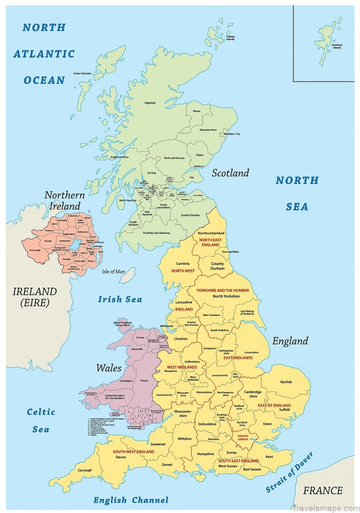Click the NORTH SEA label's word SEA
pos(297,207)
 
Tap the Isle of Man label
pos(113,272)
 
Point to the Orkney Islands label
pos(230,38)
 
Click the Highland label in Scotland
pos(150,103)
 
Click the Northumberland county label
pos(211,233)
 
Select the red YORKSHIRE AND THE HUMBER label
pos(222,290)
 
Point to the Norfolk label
pos(286,382)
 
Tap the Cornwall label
pos(84,470)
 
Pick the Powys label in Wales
pos(144,380)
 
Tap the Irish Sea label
pos(120,299)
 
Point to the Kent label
pos(269,457)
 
